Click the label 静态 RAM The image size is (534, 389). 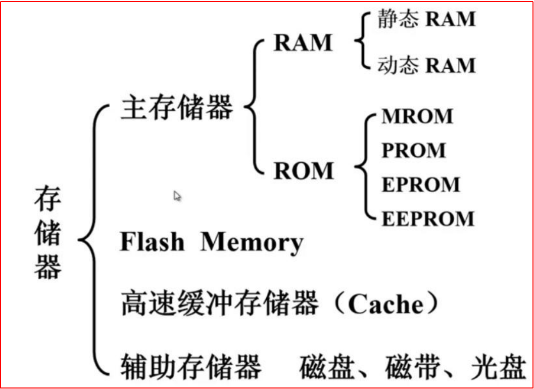[426, 19]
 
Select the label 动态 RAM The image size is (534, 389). [426, 65]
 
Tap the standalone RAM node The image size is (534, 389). [303, 42]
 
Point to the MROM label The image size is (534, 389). [417, 116]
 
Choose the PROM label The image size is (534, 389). [413, 150]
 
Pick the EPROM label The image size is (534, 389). [421, 185]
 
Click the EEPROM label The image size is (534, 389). [428, 219]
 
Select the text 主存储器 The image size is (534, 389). [177, 107]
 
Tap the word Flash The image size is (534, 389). [152, 242]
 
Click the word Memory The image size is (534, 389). [252, 243]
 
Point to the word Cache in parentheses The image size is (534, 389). [386, 304]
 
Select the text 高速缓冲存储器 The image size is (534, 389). [220, 302]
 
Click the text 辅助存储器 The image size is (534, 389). [191, 367]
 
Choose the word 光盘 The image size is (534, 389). [498, 367]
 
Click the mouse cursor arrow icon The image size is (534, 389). [177, 196]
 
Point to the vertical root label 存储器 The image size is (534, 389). [48, 233]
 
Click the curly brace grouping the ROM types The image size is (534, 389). [362, 167]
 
